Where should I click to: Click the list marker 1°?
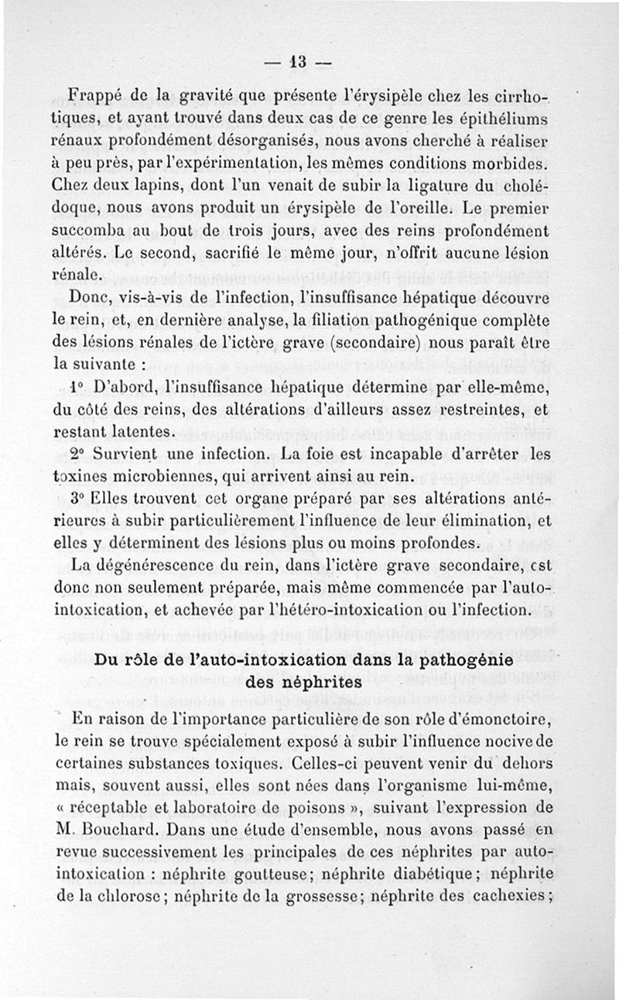coord(76,385)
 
